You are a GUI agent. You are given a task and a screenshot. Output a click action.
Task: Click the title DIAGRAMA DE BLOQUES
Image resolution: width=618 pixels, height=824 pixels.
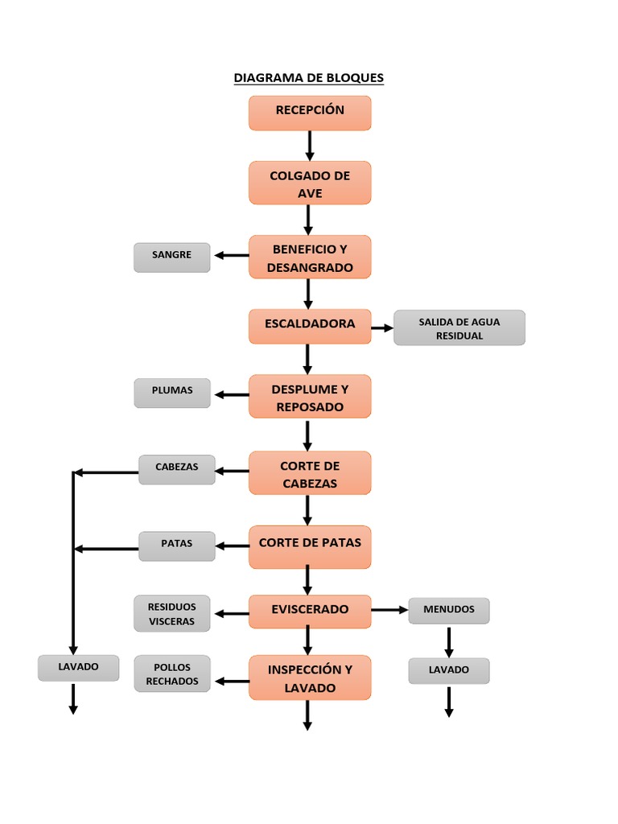(x=309, y=78)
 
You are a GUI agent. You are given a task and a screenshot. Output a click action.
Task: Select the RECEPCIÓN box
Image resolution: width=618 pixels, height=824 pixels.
(x=310, y=113)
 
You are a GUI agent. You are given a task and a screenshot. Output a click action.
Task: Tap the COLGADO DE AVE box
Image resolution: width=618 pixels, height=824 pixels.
(x=310, y=183)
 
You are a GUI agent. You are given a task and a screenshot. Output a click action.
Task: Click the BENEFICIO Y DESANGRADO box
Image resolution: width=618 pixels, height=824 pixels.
(x=310, y=257)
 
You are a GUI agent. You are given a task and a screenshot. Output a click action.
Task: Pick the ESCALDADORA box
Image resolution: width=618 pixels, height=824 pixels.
(x=310, y=326)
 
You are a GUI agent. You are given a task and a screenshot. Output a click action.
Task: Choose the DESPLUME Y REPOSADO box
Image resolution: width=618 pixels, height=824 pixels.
(x=310, y=397)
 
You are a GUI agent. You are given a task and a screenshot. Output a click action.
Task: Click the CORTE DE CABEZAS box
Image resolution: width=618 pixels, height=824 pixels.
(x=310, y=473)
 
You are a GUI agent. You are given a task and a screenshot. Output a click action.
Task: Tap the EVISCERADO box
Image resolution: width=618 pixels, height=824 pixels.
(x=310, y=612)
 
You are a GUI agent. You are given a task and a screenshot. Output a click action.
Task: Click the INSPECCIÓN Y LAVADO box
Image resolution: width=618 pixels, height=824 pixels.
(x=310, y=678)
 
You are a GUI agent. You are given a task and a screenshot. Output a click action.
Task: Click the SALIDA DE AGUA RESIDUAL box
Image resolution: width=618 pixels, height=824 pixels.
(x=459, y=328)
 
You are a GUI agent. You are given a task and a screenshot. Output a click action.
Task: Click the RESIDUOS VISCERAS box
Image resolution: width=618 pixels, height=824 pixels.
(x=172, y=614)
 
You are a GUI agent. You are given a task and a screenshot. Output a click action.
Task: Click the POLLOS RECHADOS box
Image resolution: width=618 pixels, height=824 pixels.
(x=172, y=674)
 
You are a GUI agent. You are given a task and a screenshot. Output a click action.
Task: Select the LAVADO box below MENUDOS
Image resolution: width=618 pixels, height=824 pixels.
(x=449, y=671)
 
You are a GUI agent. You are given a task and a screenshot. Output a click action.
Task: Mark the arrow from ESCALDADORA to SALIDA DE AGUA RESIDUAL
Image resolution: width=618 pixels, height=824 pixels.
(x=382, y=328)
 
